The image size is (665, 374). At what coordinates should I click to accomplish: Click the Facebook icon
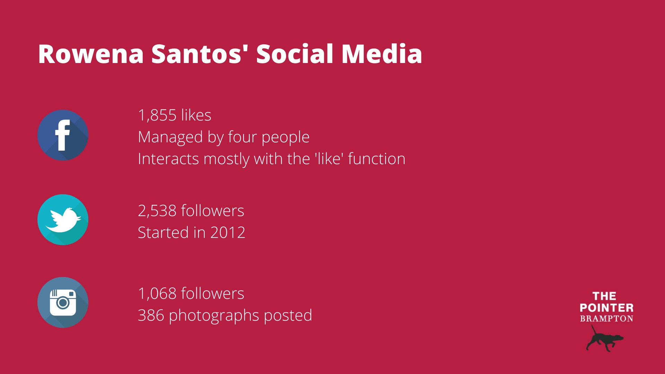(x=63, y=135)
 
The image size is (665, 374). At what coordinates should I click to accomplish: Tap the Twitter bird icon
(x=63, y=220)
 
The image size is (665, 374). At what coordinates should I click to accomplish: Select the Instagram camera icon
(x=63, y=302)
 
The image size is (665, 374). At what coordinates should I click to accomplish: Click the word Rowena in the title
(x=91, y=54)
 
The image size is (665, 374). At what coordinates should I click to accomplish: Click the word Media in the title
(x=382, y=54)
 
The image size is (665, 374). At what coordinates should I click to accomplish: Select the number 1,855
(x=157, y=115)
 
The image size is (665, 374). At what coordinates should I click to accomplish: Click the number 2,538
(x=157, y=211)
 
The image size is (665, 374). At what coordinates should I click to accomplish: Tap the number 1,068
(x=157, y=294)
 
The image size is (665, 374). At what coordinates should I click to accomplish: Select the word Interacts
(x=168, y=159)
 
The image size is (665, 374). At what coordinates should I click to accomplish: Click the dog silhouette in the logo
(x=604, y=339)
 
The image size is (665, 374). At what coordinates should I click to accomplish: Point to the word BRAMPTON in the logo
(x=606, y=319)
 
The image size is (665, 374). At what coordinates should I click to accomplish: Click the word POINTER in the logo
(x=606, y=308)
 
